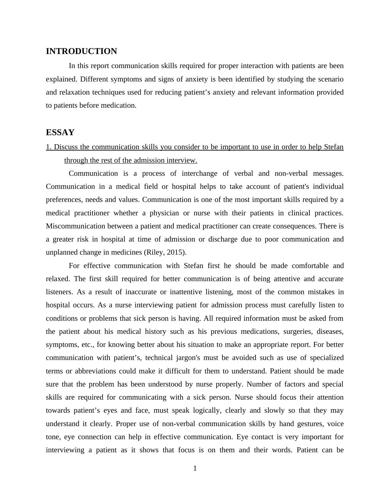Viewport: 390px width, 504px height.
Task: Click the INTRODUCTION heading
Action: point(81,51)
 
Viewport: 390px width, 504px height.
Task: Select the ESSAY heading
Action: point(60,133)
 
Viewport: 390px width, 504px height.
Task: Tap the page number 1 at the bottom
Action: point(195,468)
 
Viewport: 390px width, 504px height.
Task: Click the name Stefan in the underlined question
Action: point(334,147)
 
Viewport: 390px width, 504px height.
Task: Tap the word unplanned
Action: point(61,252)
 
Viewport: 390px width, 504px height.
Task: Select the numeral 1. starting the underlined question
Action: point(49,147)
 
